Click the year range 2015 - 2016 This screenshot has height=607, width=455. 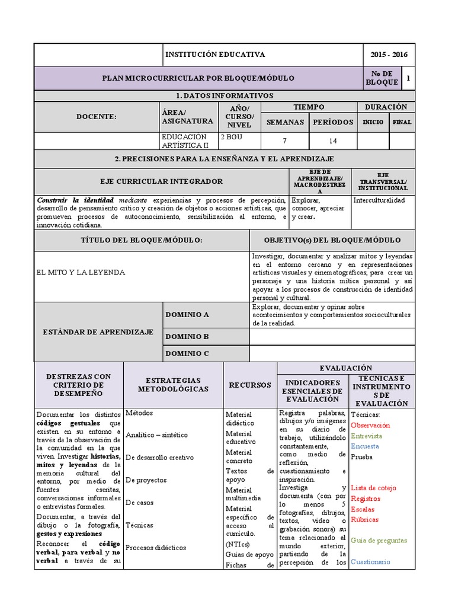point(389,55)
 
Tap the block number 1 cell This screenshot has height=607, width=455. point(408,78)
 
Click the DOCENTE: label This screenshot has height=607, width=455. point(97,117)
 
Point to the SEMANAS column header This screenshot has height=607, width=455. point(286,122)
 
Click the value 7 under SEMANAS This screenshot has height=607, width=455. point(285,141)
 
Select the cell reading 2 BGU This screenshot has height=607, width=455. point(231,136)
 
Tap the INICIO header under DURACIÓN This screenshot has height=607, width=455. point(373,123)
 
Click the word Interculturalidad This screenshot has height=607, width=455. point(379,200)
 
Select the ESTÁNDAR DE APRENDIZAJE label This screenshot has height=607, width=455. point(98,332)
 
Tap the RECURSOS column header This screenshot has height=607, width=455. point(250,385)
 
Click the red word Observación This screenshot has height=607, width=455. point(370,426)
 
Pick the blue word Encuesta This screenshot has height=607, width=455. point(365,446)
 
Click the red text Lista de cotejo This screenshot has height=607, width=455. point(373,488)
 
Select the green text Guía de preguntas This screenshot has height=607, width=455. point(379,541)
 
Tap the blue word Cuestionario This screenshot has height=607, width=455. point(370,561)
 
